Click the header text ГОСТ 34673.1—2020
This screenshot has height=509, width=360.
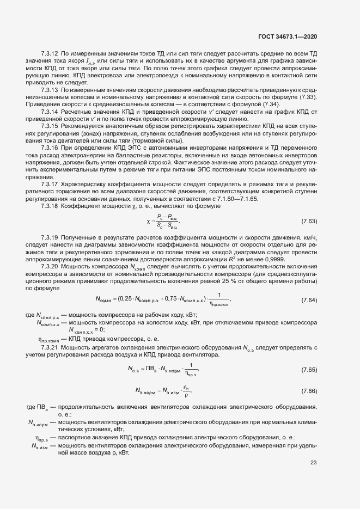288,36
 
